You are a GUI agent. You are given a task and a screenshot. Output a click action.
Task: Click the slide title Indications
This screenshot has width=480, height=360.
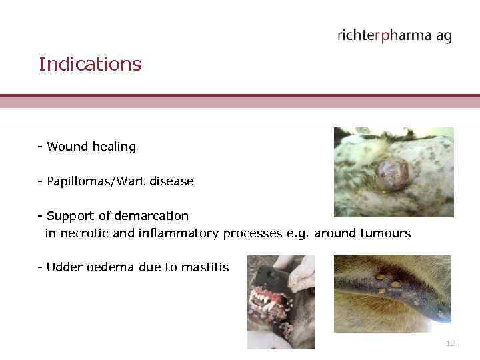point(90,65)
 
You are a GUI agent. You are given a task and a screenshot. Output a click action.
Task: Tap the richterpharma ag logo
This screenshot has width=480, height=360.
point(394,35)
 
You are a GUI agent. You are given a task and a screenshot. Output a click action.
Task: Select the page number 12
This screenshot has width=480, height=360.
point(450,343)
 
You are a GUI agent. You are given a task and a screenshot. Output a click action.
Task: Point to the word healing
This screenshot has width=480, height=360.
point(113,147)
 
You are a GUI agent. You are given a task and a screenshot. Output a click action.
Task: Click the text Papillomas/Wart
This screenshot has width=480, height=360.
point(101,181)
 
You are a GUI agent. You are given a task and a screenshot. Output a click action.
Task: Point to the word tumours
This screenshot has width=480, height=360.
point(386,233)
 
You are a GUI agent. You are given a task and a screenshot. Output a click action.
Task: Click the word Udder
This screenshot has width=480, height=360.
point(61,267)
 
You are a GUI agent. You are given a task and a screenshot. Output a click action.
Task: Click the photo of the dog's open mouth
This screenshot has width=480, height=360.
point(281,302)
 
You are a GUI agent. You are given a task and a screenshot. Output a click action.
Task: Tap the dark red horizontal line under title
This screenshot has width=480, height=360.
point(240,96)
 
